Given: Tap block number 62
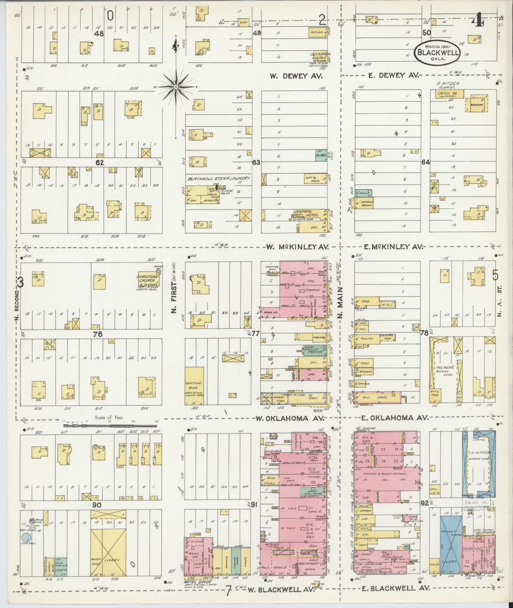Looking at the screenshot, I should point(100,163).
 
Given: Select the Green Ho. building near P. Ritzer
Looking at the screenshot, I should point(445,94).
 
